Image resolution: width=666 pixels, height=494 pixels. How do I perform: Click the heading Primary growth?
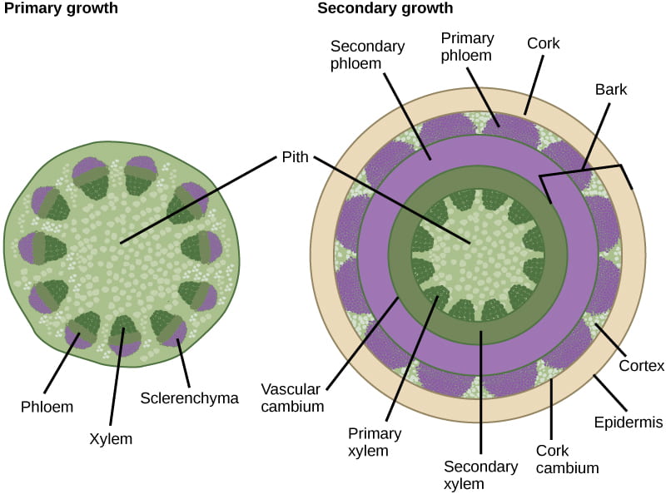[60, 9]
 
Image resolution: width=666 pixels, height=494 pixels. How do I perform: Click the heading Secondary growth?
[385, 9]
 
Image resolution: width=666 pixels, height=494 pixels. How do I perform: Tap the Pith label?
[295, 156]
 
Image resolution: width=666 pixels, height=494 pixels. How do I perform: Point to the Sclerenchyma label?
[190, 398]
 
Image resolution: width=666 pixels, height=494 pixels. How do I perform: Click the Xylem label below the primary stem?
[112, 437]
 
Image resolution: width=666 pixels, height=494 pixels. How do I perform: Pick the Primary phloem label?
[467, 47]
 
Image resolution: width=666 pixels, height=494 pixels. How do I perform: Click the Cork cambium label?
[567, 459]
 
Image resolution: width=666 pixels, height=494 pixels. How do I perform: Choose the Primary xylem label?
[374, 442]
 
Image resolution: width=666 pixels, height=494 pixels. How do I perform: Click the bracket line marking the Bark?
[583, 170]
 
